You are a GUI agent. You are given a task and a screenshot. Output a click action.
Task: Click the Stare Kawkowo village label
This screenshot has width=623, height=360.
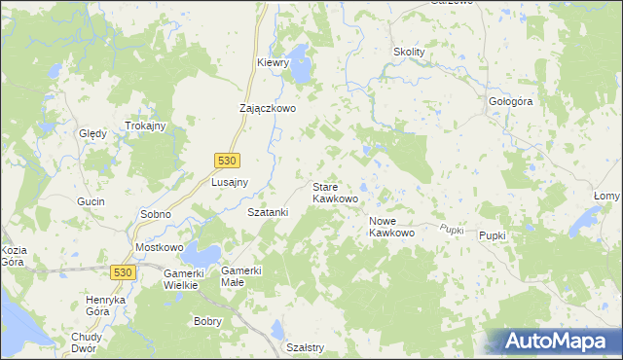[335, 192]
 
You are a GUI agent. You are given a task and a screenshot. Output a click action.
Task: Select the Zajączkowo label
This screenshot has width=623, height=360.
[268, 109]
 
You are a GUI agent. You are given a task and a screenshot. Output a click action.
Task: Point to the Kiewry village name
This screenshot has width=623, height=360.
[274, 62]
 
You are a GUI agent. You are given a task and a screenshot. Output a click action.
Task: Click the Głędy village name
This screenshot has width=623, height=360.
[92, 133]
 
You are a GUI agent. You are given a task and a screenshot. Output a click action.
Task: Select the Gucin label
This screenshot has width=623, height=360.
[91, 200]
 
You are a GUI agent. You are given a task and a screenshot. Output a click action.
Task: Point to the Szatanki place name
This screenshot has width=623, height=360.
[268, 212]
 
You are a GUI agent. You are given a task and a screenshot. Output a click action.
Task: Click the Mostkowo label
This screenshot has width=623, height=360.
[159, 248]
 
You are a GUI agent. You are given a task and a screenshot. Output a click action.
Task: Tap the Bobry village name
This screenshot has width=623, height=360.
[208, 321]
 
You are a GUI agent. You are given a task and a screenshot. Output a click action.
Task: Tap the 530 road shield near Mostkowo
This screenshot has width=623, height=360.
[123, 273]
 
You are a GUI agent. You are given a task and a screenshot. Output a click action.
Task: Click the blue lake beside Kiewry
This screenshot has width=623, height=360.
[301, 67]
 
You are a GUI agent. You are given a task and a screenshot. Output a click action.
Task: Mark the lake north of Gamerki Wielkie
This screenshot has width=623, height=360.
[204, 255]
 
